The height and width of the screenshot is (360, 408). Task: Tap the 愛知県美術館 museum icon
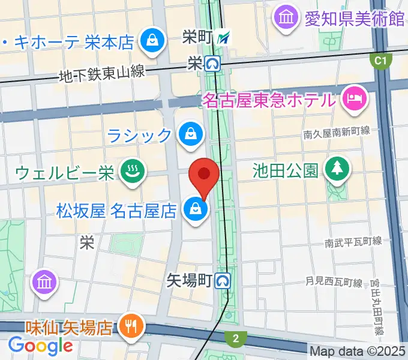[284, 17]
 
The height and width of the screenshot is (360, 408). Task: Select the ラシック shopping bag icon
[190, 134]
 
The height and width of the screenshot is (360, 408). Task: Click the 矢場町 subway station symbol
[224, 280]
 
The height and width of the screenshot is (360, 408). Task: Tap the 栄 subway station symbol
[212, 62]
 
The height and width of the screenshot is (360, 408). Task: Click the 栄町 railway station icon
[224, 38]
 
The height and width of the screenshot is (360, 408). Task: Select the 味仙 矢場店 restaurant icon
[130, 327]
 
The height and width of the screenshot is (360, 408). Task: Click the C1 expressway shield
[379, 60]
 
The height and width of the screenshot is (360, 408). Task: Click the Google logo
[41, 346]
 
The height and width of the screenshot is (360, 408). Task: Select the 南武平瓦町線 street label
[353, 242]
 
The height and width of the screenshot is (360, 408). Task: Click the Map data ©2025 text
[358, 350]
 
